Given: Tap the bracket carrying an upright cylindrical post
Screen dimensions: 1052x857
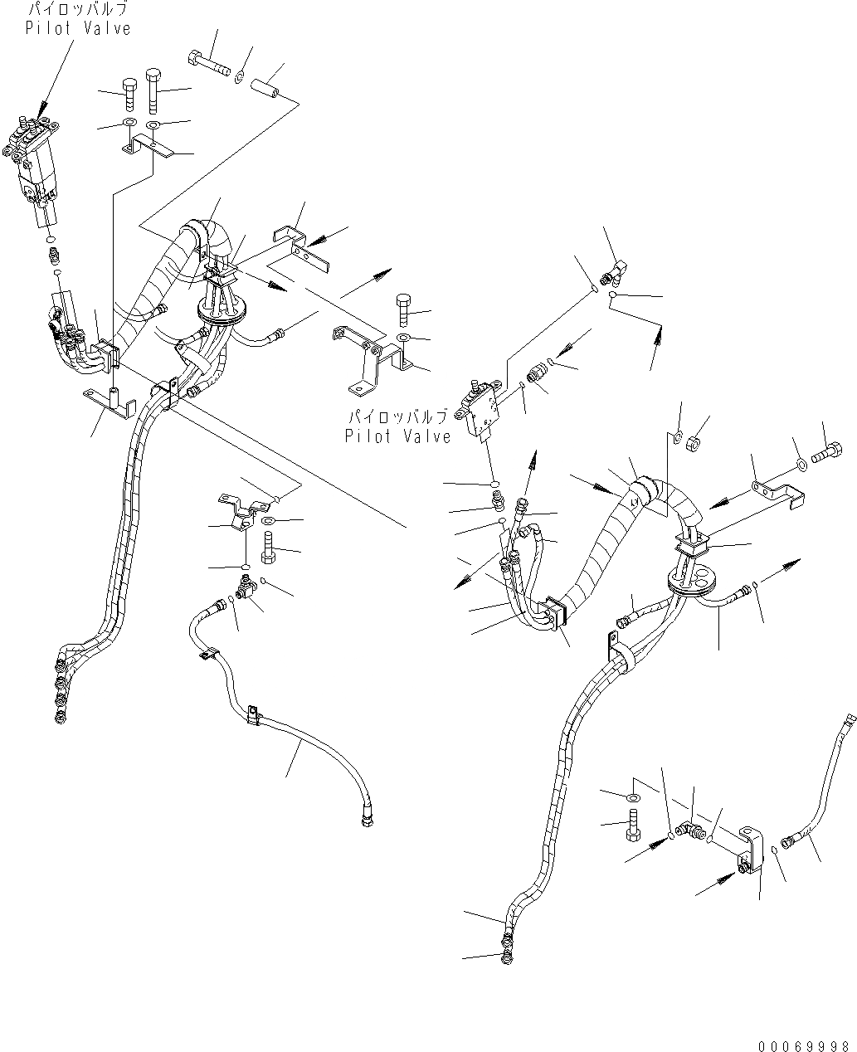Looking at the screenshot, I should click(x=108, y=400).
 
